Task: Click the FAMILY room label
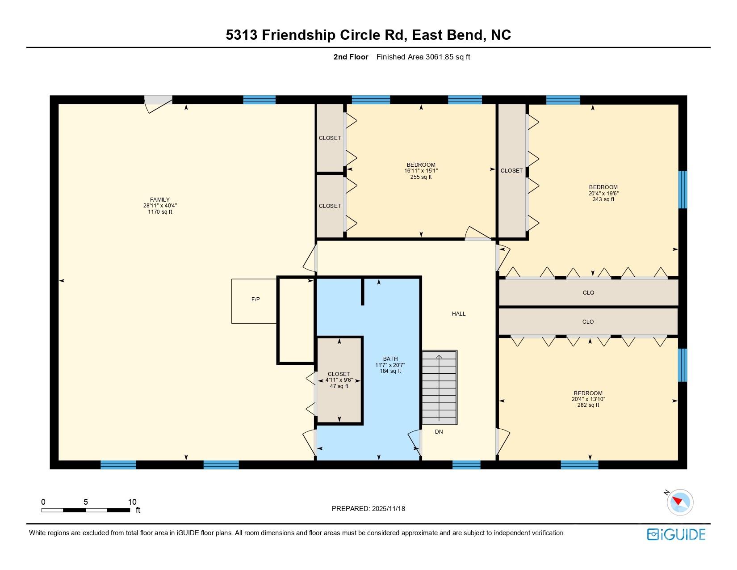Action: pyautogui.click(x=160, y=206)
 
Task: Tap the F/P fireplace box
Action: pyautogui.click(x=255, y=300)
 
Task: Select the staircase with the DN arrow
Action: pyautogui.click(x=440, y=388)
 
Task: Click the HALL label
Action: pyautogui.click(x=459, y=314)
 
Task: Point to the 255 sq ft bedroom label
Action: pyautogui.click(x=421, y=171)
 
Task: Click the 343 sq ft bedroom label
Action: pyautogui.click(x=603, y=193)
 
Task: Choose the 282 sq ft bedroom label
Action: pyautogui.click(x=588, y=399)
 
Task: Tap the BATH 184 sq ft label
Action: pyautogui.click(x=390, y=365)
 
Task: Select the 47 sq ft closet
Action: pyautogui.click(x=339, y=380)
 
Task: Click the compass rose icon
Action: pyautogui.click(x=679, y=502)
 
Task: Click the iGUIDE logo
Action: pyautogui.click(x=676, y=534)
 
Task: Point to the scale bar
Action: pyautogui.click(x=86, y=510)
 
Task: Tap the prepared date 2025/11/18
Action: pyautogui.click(x=368, y=509)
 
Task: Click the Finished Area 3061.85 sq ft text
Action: pyautogui.click(x=423, y=57)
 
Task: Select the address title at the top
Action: pyautogui.click(x=368, y=35)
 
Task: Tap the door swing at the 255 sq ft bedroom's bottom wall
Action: pyautogui.click(x=478, y=234)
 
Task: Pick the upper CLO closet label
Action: pyautogui.click(x=588, y=293)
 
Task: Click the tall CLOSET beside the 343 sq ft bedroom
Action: pyautogui.click(x=511, y=171)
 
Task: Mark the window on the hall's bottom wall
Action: pyautogui.click(x=466, y=465)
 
